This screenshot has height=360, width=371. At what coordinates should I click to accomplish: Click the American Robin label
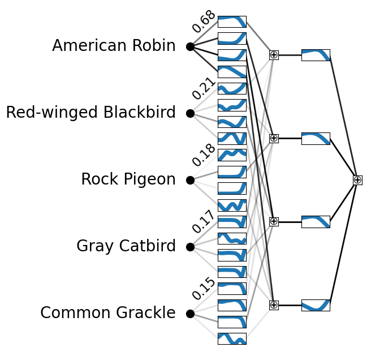click(114, 46)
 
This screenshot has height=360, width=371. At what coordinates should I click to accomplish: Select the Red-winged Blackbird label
click(90, 113)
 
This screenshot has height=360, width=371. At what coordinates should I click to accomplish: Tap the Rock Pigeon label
click(128, 179)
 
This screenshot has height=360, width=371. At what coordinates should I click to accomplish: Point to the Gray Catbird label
click(126, 246)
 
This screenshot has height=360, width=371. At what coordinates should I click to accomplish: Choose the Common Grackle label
click(107, 313)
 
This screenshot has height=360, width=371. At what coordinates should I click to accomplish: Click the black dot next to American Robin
click(190, 46)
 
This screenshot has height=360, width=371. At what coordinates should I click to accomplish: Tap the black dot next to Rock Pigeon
click(190, 180)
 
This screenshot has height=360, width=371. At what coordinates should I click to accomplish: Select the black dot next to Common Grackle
click(190, 314)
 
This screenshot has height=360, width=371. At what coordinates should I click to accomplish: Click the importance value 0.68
click(204, 22)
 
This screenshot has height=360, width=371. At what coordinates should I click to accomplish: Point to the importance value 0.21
click(204, 88)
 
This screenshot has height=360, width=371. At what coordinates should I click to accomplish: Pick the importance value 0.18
click(204, 155)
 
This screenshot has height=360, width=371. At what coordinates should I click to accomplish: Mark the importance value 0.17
click(204, 222)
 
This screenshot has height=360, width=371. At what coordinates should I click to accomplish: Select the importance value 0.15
click(204, 289)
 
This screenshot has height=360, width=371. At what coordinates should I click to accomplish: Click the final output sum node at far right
click(357, 180)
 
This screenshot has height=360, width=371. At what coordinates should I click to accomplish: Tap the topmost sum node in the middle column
click(274, 55)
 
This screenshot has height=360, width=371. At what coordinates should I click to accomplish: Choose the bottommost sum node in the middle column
click(274, 305)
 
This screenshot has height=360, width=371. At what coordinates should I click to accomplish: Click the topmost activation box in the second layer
click(316, 55)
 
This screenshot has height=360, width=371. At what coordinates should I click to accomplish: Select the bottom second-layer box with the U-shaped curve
click(316, 305)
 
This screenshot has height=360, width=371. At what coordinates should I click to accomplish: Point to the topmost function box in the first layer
click(232, 22)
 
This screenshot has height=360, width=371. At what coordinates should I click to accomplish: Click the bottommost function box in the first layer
click(232, 338)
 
